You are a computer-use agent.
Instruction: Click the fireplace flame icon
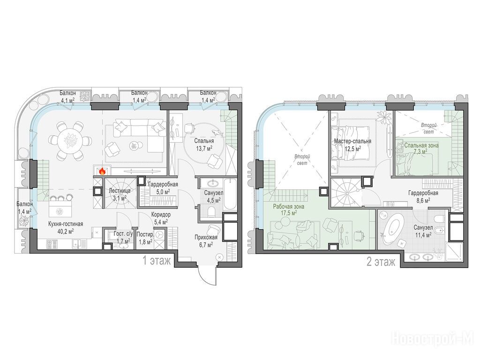click(102, 171)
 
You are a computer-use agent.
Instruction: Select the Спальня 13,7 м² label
click(204, 145)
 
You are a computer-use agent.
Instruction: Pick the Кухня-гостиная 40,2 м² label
click(66, 227)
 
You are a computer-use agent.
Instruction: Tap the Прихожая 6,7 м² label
click(206, 240)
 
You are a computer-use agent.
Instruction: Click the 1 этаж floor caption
click(157, 261)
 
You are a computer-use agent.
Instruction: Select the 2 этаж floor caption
click(381, 262)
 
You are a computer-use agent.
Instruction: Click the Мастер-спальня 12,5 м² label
click(352, 145)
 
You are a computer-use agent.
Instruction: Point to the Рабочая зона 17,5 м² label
click(288, 210)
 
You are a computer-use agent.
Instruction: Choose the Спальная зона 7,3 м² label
click(421, 149)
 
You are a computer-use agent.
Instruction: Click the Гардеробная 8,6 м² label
click(423, 196)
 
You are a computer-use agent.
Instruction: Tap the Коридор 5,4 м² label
click(161, 218)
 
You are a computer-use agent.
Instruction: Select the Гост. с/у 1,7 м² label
click(123, 237)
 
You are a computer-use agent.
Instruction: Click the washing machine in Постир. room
click(159, 234)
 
